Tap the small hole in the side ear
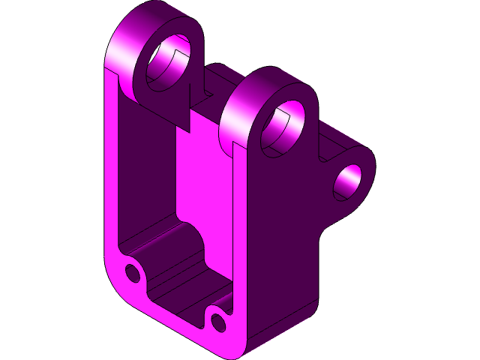pos(348,181)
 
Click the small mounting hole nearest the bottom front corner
pos(218,322)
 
